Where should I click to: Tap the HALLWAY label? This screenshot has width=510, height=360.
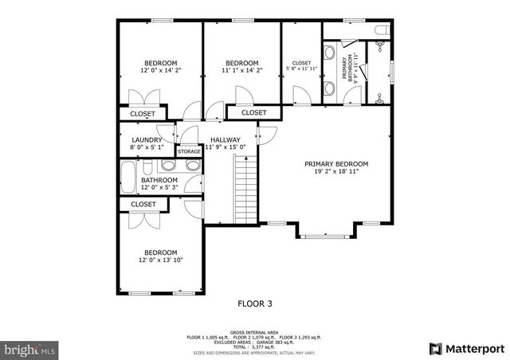(x=226, y=139)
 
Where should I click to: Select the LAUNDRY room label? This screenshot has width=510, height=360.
(x=147, y=139)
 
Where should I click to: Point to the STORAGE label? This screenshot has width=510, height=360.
(x=189, y=151)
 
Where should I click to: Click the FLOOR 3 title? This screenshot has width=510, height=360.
(x=255, y=303)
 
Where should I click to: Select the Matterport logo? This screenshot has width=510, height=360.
(x=468, y=348)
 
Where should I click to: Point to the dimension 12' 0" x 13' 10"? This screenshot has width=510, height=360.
(x=160, y=260)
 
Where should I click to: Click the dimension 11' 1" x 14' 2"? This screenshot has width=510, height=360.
(x=241, y=71)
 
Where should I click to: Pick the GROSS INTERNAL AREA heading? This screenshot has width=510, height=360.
(x=255, y=332)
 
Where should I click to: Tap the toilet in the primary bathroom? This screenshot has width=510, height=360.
(x=383, y=31)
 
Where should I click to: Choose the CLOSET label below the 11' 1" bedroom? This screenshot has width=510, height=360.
(x=253, y=113)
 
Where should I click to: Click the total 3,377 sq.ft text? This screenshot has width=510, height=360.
(x=255, y=347)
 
